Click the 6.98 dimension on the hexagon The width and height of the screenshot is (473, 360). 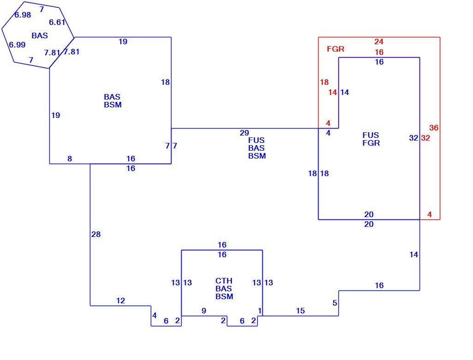(23, 15)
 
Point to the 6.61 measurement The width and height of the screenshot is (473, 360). (57, 22)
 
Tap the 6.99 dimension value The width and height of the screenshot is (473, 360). (17, 45)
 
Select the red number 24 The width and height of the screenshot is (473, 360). (379, 41)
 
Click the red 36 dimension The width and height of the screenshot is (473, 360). (434, 128)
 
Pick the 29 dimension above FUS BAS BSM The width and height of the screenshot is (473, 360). (244, 133)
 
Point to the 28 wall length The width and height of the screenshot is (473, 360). (96, 234)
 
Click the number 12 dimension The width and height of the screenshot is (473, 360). (121, 301)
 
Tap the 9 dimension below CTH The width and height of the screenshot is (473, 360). (204, 311)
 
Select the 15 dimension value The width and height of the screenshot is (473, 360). (301, 311)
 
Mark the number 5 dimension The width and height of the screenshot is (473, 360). (335, 303)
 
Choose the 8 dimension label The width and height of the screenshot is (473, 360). (70, 159)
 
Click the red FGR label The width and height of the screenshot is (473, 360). (336, 49)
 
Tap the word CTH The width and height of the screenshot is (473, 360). (224, 281)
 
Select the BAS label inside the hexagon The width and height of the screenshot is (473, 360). (40, 35)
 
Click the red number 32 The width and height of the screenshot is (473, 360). (426, 138)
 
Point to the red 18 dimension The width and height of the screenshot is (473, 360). (324, 82)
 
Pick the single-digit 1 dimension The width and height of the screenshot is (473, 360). (260, 311)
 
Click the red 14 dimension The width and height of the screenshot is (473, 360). (333, 92)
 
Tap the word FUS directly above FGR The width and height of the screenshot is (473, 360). (371, 135)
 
